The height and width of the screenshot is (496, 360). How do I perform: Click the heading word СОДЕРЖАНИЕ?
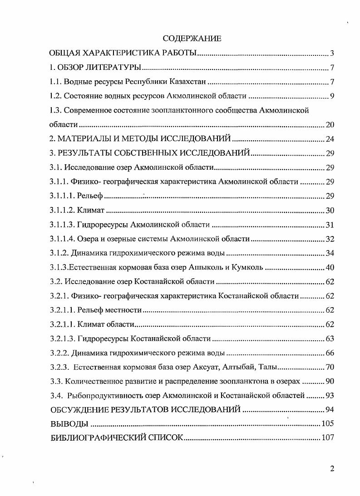[192, 39]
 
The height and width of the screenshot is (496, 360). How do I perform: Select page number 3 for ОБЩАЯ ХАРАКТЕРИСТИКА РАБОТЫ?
[332, 54]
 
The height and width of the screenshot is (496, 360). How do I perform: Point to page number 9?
[332, 96]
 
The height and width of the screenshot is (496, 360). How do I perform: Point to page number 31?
[330, 225]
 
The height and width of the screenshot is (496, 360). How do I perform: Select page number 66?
[330, 353]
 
